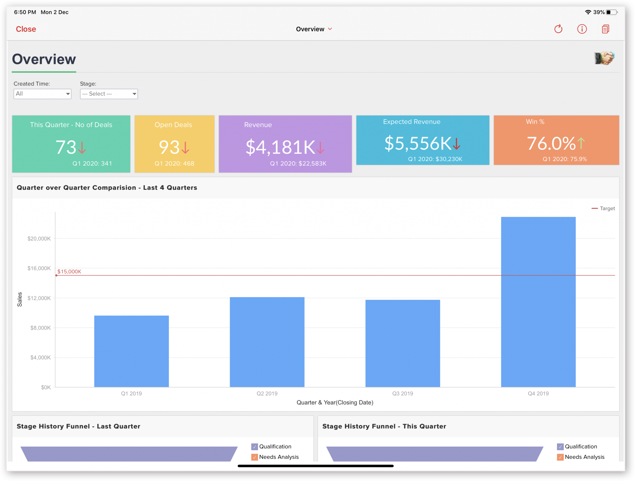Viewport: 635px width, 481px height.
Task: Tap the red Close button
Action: tap(26, 29)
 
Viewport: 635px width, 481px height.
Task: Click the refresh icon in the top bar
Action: tap(558, 29)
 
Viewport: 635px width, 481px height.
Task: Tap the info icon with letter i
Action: tap(582, 29)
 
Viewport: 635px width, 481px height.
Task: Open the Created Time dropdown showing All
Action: tap(42, 94)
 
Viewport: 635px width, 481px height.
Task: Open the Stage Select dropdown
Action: tap(109, 94)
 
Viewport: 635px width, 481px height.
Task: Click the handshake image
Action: tap(604, 58)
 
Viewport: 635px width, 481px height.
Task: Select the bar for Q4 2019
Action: tap(538, 302)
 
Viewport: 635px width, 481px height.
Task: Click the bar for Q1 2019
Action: tap(131, 351)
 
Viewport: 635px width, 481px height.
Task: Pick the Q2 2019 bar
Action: tap(267, 342)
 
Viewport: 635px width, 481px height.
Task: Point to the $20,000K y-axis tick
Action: tap(39, 238)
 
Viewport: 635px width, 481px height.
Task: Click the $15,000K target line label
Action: tap(69, 271)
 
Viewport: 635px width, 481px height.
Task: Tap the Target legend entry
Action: tap(604, 208)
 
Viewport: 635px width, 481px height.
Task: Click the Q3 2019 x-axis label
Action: tap(403, 393)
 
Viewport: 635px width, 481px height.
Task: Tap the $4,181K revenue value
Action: tap(280, 147)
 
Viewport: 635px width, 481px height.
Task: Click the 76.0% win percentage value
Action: tap(551, 143)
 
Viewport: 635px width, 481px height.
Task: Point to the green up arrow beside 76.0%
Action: tap(581, 143)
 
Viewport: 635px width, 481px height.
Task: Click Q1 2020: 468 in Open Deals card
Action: tap(174, 163)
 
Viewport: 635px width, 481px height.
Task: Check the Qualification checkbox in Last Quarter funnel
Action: tap(255, 447)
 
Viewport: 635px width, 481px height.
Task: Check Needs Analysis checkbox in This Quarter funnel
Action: tap(560, 457)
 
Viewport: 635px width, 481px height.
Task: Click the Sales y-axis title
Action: tap(20, 299)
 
